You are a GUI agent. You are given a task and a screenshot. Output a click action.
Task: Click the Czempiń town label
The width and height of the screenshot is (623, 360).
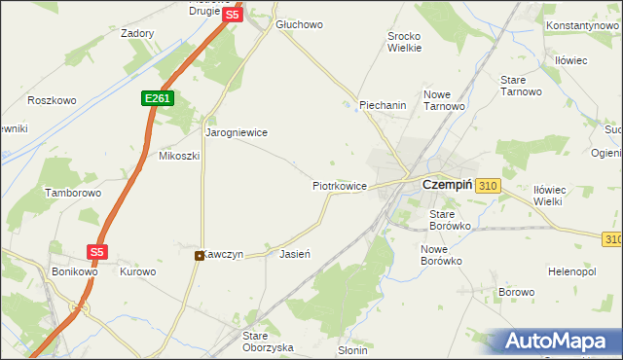click(x=447, y=184)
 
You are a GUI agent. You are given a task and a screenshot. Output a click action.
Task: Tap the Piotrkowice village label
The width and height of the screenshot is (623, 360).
click(x=339, y=185)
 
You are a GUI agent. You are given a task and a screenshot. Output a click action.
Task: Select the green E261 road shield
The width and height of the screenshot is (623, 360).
click(x=157, y=98)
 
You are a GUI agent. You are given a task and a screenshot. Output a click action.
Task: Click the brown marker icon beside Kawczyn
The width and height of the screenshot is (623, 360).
click(x=200, y=256)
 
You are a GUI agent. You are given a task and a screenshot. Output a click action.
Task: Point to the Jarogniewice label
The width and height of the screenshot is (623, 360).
click(x=236, y=131)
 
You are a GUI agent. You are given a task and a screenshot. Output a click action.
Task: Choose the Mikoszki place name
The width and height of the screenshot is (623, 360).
click(x=178, y=156)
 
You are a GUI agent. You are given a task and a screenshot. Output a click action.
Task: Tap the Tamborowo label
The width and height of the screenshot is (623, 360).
click(x=73, y=193)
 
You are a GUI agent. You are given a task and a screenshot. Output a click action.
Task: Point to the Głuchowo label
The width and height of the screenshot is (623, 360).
click(x=299, y=24)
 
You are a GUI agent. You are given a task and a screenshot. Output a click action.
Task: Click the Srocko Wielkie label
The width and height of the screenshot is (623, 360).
click(x=404, y=41)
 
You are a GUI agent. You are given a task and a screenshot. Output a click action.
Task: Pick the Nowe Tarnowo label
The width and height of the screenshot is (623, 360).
click(x=444, y=101)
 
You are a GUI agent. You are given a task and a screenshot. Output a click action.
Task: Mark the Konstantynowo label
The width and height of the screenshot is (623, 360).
click(x=583, y=25)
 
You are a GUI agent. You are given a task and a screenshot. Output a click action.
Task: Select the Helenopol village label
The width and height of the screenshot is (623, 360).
click(x=577, y=270)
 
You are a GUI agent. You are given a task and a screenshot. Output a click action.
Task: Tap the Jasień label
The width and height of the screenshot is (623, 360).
click(x=294, y=254)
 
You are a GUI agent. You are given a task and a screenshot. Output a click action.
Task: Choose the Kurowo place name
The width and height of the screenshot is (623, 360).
click(x=137, y=271)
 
